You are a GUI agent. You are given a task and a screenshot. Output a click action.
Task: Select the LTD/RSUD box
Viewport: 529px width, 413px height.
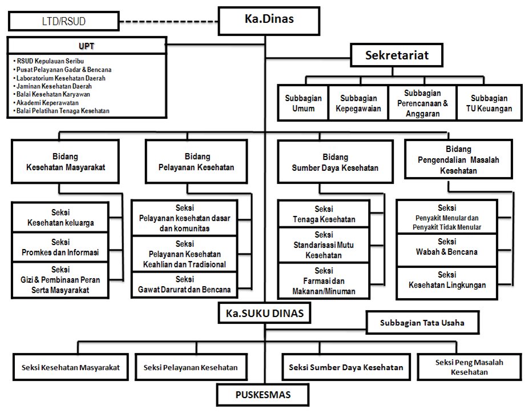point(64,22)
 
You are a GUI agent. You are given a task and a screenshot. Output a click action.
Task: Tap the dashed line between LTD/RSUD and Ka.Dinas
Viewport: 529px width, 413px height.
point(169,22)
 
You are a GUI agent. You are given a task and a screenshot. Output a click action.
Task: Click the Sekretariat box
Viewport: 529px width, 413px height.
point(397,57)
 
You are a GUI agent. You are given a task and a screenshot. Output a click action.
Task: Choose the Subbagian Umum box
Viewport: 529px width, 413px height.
point(303,103)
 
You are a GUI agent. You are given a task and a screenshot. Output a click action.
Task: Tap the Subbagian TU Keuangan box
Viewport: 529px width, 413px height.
point(489,103)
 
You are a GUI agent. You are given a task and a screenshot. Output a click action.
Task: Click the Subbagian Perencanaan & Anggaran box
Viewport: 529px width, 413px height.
point(422,103)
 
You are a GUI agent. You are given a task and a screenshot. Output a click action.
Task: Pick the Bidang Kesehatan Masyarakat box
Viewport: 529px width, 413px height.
point(66,162)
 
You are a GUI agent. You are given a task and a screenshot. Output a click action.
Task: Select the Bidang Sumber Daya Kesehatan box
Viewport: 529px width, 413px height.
point(334,162)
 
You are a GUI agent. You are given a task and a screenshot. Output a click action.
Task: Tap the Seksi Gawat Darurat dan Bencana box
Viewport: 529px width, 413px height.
point(184,284)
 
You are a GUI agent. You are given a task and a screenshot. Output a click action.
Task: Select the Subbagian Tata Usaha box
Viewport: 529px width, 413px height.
point(422,323)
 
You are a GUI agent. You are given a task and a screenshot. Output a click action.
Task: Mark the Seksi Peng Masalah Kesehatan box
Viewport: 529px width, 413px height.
point(469,367)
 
